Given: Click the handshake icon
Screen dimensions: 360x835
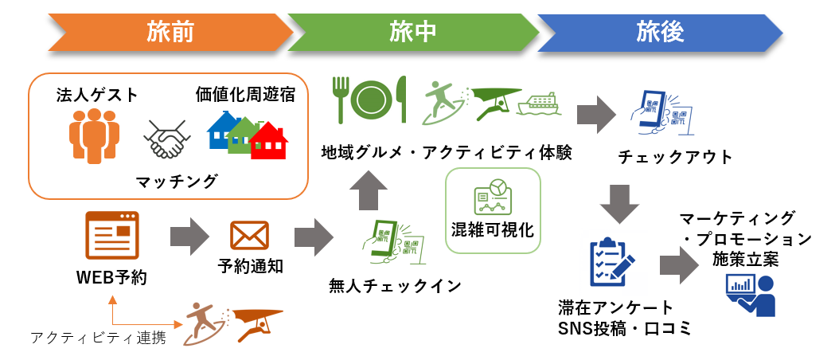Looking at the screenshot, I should [x=168, y=138].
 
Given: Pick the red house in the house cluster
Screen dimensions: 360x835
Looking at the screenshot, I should [x=269, y=140].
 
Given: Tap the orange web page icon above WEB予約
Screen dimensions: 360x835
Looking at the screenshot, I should [x=111, y=237].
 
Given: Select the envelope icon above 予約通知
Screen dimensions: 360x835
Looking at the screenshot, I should [x=249, y=236].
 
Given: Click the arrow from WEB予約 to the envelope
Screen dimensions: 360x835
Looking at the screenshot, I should [x=189, y=237].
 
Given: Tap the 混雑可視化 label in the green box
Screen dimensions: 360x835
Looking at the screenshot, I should [x=493, y=229].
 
